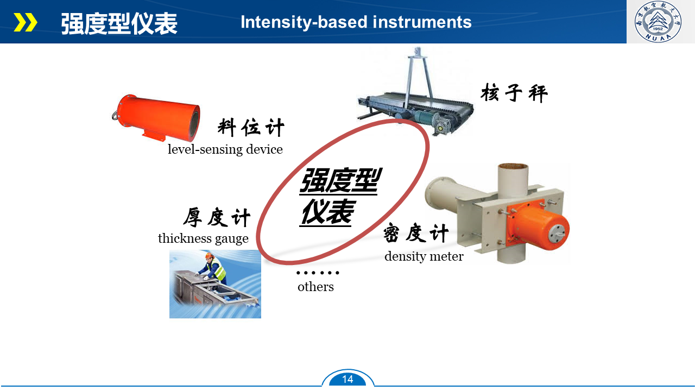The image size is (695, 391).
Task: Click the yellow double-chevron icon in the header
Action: [26, 22]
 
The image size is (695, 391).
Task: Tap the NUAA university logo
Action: [658, 21]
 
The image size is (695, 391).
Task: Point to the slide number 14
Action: [347, 379]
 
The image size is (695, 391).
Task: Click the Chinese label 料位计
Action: [251, 127]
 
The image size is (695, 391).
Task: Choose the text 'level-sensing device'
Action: [225, 149]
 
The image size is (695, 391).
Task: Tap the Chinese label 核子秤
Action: [514, 93]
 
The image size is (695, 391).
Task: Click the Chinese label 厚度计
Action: [217, 217]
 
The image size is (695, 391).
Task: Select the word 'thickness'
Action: [185, 238]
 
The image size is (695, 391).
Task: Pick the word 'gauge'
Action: [232, 239]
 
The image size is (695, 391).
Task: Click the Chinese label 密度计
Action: [416, 233]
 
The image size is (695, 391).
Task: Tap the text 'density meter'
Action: [424, 257]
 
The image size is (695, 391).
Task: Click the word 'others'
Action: [315, 287]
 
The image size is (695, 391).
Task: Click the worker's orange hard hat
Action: [210, 256]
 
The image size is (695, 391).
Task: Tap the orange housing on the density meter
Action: [538, 225]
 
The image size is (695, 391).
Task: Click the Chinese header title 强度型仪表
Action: [119, 23]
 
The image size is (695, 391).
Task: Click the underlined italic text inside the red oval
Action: [339, 196]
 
